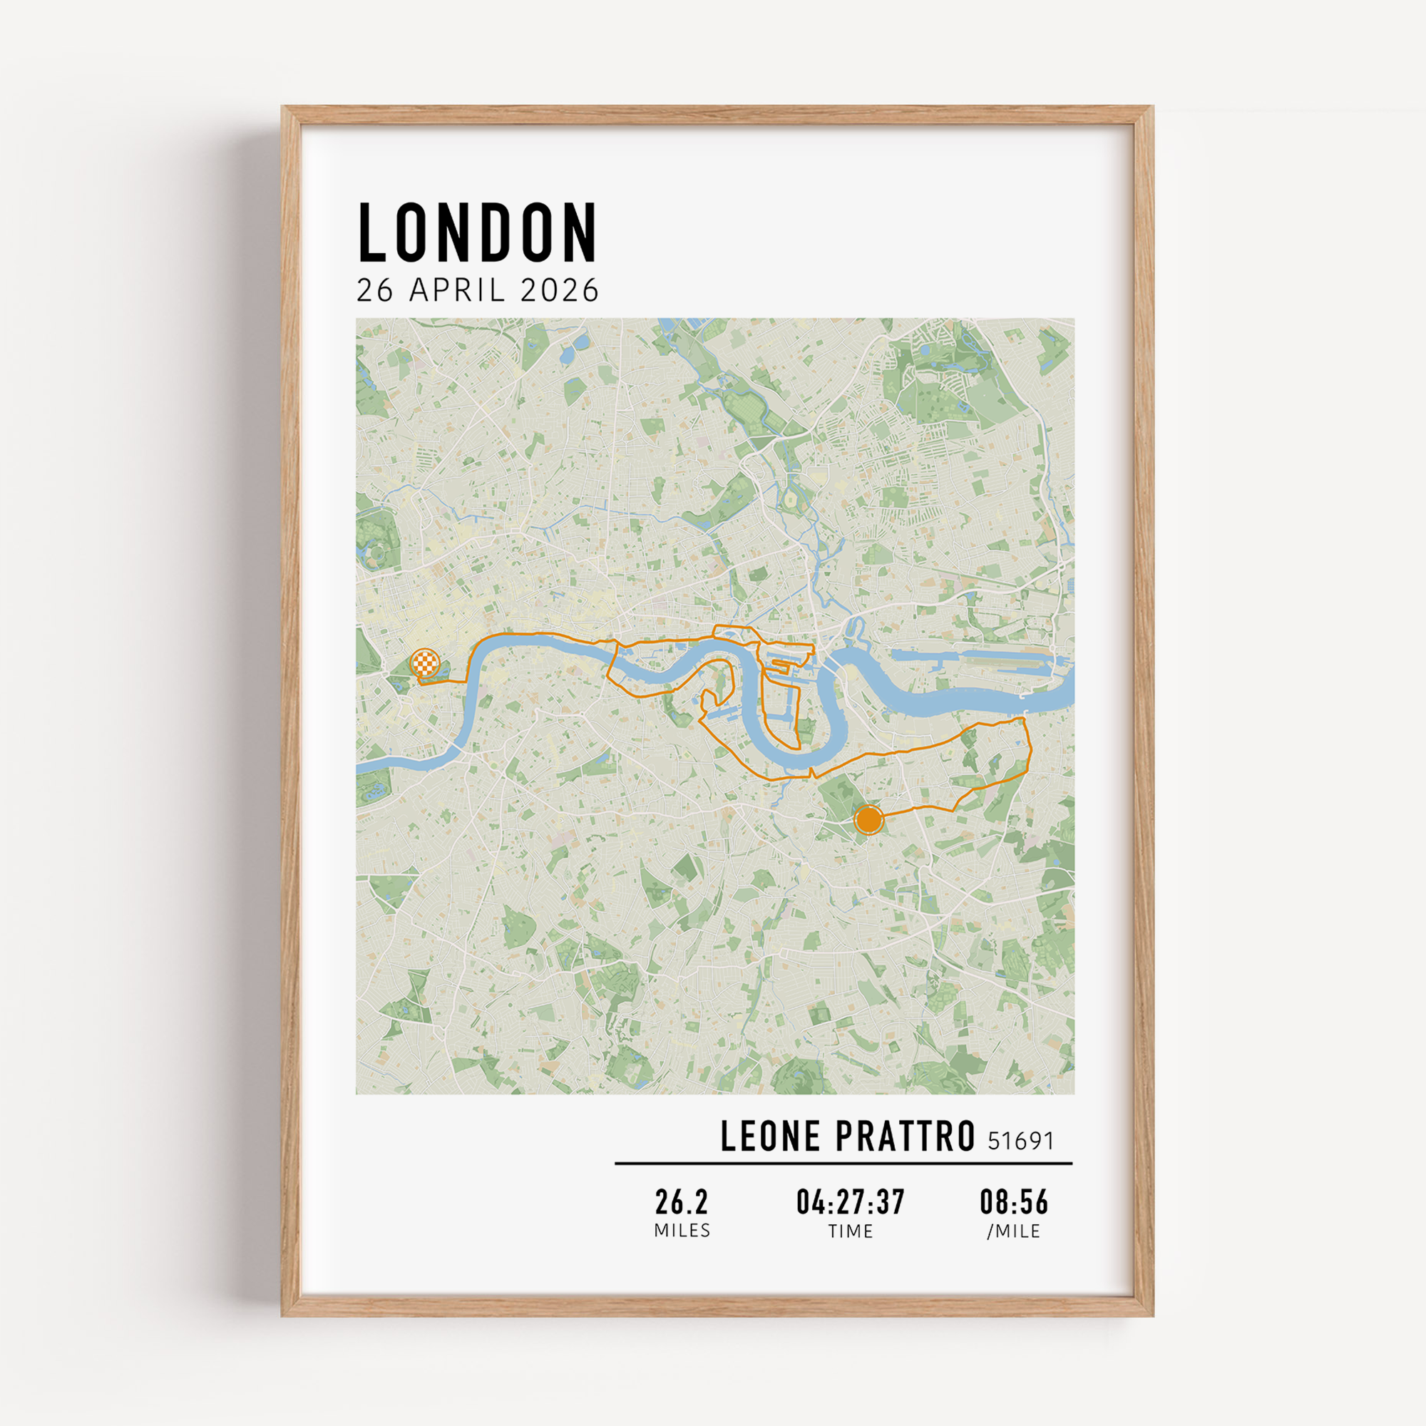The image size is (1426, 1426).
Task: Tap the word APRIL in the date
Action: coord(458,290)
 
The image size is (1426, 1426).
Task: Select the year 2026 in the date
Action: coord(560,290)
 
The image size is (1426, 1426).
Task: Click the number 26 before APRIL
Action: coord(375,290)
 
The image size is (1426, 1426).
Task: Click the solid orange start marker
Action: coord(868,820)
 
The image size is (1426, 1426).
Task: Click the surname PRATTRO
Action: coord(906,1137)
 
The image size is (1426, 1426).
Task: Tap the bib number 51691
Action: coord(1021,1141)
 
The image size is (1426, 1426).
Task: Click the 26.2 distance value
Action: coord(681,1202)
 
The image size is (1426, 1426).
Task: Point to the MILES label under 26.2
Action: coord(682,1231)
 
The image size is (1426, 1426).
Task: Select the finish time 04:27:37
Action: coord(851,1202)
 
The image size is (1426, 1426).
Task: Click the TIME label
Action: coord(851,1231)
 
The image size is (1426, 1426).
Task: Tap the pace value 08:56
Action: coord(1014,1202)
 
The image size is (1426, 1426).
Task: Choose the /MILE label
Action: coord(1014,1231)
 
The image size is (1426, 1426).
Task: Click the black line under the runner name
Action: coord(843,1163)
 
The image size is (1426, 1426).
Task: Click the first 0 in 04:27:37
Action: coord(803,1202)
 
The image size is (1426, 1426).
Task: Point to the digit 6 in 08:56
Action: coord(1041,1202)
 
